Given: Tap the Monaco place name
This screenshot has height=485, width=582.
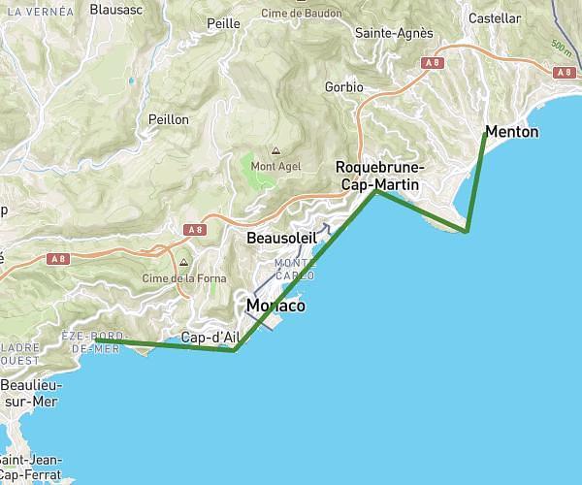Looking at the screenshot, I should click(275, 306).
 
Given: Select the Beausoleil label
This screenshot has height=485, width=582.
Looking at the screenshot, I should click(281, 238).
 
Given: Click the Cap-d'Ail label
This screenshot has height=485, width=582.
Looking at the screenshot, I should click(210, 338).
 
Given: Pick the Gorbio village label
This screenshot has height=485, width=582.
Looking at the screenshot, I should click(344, 87).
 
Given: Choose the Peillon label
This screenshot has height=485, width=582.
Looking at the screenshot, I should click(168, 118).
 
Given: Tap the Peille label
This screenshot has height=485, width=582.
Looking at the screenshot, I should click(223, 23).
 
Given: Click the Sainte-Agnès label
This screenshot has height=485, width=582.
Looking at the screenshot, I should click(394, 33).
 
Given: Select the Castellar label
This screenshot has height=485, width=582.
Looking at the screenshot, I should click(494, 18).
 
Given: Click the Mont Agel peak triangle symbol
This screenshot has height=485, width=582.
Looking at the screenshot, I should click(275, 150).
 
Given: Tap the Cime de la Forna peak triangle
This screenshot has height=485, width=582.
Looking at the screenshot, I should click(182, 262).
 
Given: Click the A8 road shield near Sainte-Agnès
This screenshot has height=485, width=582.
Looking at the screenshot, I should click(432, 62).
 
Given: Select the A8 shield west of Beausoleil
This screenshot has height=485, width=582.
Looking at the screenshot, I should click(196, 230).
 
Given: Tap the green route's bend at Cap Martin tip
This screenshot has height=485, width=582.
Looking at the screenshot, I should click(467, 232).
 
